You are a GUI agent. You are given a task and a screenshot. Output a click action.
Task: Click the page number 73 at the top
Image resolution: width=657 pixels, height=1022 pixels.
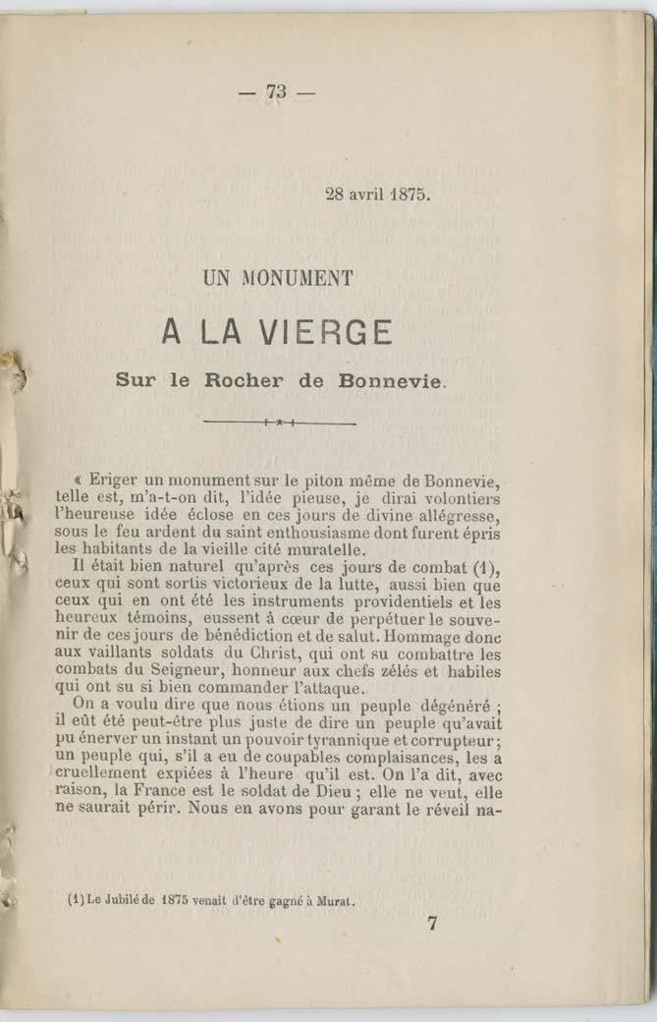coord(275,92)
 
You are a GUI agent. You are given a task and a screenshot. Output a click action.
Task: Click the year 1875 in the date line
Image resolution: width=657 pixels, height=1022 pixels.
coord(411,194)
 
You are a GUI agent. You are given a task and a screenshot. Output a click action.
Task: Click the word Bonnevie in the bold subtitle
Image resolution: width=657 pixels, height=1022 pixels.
coord(389,379)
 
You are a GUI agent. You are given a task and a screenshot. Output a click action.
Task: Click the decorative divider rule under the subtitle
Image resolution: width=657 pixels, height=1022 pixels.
coord(280,423)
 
